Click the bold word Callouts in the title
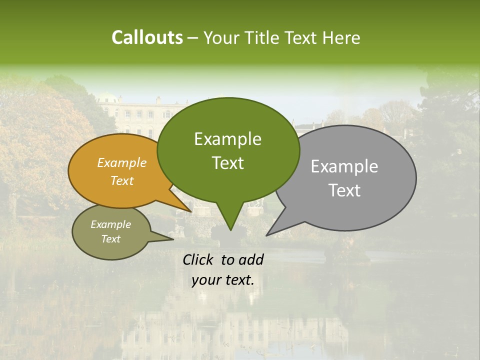pos(147,37)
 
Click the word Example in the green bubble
pos(227,139)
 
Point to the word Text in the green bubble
pos(227,162)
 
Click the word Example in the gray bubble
pos(344,166)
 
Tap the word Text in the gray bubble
pos(345,190)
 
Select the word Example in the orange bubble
pos(122,162)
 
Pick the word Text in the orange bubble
pos(122,180)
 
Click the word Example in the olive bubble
pos(110,224)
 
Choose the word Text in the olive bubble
pos(110,239)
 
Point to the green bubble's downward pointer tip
pos(230,229)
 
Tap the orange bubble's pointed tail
pos(189,210)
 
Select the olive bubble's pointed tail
pos(171,238)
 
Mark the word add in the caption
pos(251,259)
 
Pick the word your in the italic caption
pos(206,280)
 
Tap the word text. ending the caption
pos(238,280)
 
